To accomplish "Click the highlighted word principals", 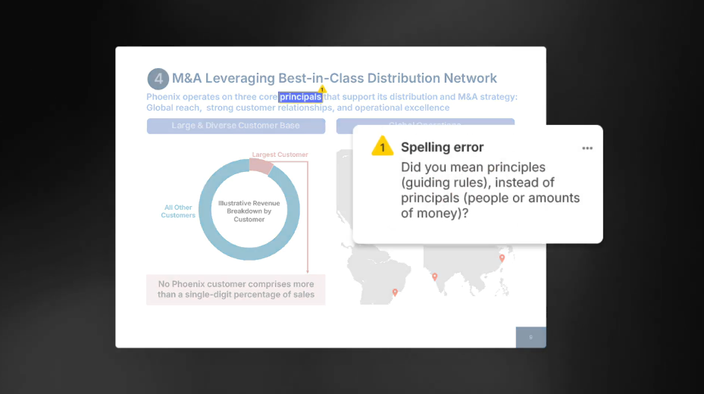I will (300, 97).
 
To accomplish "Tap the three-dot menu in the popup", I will (587, 148).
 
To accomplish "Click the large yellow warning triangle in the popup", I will (383, 147).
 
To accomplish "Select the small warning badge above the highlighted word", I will (322, 89).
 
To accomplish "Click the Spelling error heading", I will (442, 147).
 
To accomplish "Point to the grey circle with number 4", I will (158, 79).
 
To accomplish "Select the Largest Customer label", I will (280, 155).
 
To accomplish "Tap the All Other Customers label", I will (178, 211).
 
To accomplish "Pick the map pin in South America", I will (394, 292).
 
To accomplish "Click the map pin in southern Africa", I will (434, 277).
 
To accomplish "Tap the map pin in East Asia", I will (502, 258).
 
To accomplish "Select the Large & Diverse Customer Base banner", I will (235, 126).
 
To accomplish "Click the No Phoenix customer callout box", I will (236, 289).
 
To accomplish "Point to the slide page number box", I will (530, 337).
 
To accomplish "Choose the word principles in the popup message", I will (513, 167).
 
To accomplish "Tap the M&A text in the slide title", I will (187, 78).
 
